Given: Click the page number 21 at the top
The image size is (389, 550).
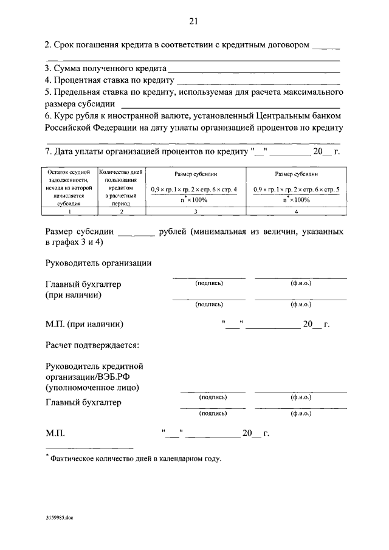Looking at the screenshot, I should click(193, 21).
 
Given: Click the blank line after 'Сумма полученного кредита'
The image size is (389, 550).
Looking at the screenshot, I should click(254, 72).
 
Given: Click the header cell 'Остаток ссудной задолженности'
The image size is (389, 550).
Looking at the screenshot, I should click(68, 188).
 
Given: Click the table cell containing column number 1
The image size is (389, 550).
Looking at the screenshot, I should click(68, 211).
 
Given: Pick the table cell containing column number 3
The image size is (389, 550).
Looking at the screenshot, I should click(194, 211).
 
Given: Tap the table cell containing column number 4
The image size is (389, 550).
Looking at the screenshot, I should click(295, 211).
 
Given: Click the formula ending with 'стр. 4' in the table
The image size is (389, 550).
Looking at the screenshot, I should click(194, 190).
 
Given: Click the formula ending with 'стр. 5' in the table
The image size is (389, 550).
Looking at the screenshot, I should click(296, 190).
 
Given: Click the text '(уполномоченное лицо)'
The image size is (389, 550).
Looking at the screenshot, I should click(92, 387).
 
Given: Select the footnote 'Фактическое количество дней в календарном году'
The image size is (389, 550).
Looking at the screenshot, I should click(136, 459).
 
